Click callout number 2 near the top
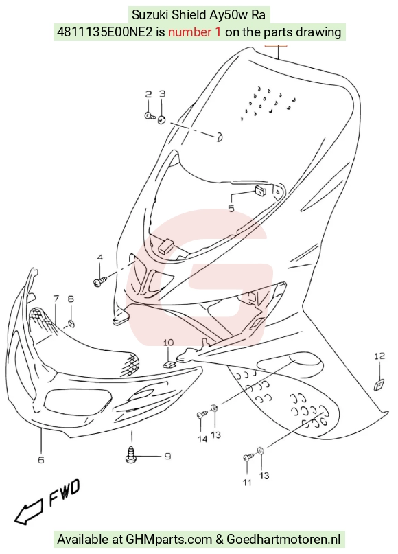tap(149, 94)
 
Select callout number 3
tap(162, 93)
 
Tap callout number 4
tap(100, 257)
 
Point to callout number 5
tap(231, 209)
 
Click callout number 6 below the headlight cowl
tap(41, 460)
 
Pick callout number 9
tap(167, 456)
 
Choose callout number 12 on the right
tap(379, 356)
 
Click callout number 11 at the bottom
tap(247, 483)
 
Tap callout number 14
tap(202, 439)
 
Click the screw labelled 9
tap(130, 454)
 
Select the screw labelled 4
tap(100, 281)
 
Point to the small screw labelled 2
tap(150, 115)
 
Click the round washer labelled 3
tap(161, 119)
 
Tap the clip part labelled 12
tap(379, 384)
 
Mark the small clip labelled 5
tap(261, 191)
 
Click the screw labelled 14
tap(202, 414)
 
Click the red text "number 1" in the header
tap(195, 32)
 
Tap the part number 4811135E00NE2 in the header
tap(105, 32)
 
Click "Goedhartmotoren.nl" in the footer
tap(283, 539)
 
